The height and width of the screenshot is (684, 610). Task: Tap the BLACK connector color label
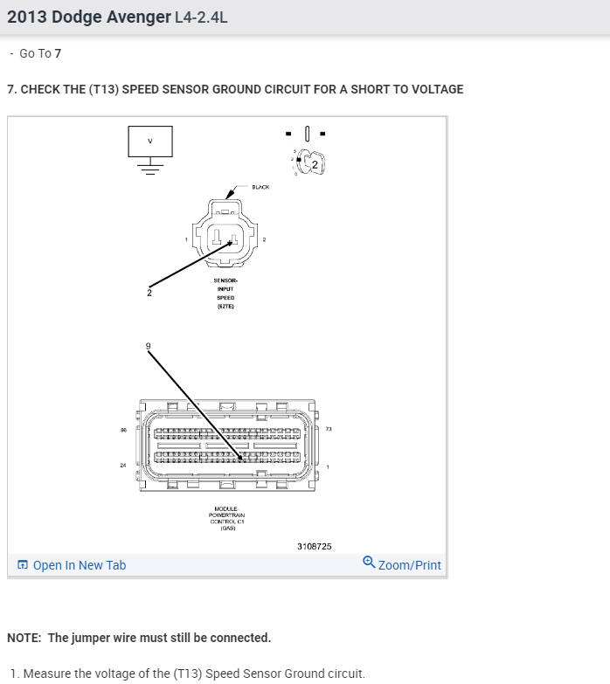[260, 187]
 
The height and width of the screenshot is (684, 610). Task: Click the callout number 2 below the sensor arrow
[149, 293]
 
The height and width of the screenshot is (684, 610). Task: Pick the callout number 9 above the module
[148, 347]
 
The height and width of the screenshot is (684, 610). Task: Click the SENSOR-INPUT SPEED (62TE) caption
[225, 293]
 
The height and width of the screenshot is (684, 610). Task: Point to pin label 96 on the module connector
[123, 429]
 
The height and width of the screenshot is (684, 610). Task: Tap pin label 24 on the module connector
[123, 465]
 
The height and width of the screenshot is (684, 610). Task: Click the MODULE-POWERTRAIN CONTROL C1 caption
[225, 518]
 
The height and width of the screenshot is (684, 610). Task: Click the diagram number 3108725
[315, 546]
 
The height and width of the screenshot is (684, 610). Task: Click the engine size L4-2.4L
[202, 17]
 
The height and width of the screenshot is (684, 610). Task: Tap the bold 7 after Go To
[58, 53]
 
